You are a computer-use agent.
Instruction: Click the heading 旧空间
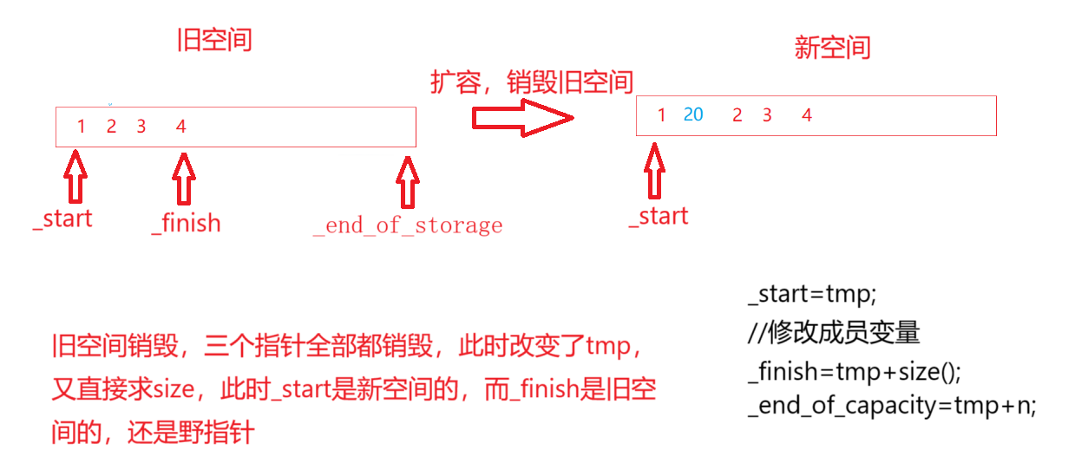[213, 39]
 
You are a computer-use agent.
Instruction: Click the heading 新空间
[831, 47]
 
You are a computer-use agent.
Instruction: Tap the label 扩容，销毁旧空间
[532, 82]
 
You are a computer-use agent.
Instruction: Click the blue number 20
[692, 114]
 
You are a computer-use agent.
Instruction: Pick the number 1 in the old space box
[81, 127]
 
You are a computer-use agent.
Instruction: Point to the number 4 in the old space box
[180, 127]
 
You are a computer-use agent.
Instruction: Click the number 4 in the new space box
[806, 115]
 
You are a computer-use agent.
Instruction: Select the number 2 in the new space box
[737, 115]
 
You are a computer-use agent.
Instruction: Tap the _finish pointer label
[186, 223]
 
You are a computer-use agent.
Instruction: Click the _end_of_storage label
[407, 225]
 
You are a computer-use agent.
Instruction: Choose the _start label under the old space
[62, 218]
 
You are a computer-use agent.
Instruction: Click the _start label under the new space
[659, 216]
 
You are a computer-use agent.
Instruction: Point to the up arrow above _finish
[182, 179]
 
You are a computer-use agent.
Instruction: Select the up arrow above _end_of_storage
[407, 181]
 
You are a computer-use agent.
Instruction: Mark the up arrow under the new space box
[657, 170]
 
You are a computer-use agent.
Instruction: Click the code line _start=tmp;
[807, 295]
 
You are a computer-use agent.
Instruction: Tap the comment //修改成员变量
[833, 333]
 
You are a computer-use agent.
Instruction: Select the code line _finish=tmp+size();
[855, 371]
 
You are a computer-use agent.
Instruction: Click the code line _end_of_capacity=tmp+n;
[892, 406]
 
